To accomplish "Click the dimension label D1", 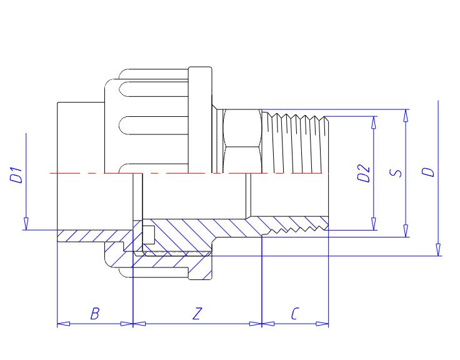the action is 16,175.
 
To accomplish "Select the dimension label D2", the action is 364,173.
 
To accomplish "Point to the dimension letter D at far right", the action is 428,172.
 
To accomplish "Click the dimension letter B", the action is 95,313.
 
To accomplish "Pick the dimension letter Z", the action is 197,313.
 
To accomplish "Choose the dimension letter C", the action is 295,313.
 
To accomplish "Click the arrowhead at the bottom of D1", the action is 26,224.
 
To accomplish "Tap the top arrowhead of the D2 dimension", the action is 374,122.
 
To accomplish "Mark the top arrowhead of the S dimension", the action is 406,116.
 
